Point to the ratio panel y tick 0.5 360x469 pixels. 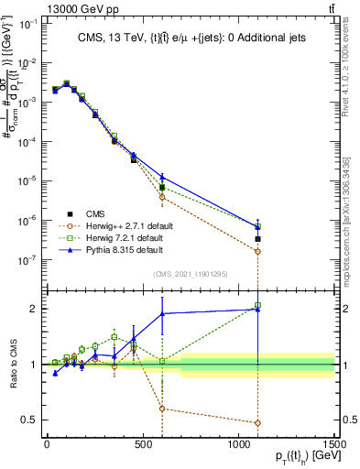pos(30,420)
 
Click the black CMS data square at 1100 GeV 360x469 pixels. pos(258,239)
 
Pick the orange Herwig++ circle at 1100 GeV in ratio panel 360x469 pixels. pos(258,423)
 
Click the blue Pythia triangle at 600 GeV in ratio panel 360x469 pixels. pos(162,314)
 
